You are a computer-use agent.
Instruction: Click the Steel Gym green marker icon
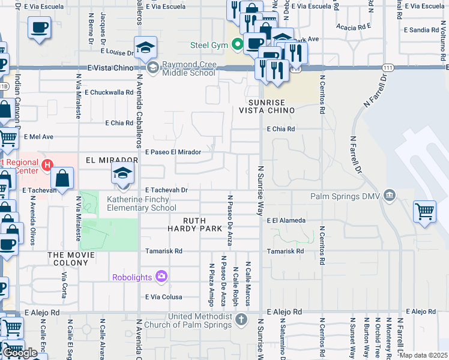[238, 44]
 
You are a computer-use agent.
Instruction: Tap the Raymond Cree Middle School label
[186, 68]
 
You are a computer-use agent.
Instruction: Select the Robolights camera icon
[161, 277]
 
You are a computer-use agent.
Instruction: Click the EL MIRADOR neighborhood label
[108, 160]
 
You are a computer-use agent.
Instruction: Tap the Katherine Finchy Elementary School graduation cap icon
[122, 173]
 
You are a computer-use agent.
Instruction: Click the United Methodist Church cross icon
[241, 318]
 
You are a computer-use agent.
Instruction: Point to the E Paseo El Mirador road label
[173, 152]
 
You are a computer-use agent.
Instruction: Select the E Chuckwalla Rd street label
[109, 92]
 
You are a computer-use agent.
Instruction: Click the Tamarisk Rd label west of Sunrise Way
[162, 251]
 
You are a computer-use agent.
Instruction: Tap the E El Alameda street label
[286, 220]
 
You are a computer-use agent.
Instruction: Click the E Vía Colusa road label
[163, 296]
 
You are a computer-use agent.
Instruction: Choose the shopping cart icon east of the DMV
[424, 211]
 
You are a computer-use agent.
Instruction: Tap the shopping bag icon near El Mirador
[62, 178]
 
